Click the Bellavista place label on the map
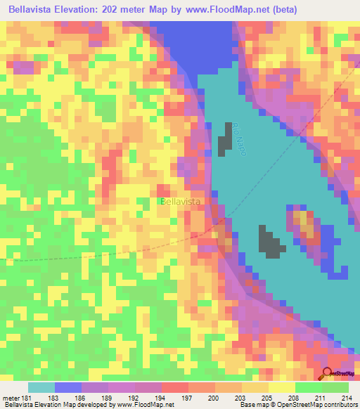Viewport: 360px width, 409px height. pos(181,201)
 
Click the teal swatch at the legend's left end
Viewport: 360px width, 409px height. pos(41,387)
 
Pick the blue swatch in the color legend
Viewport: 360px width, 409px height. pos(67,387)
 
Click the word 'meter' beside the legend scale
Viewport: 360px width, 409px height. pos(12,397)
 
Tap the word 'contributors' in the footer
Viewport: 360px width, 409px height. pos(340,405)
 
